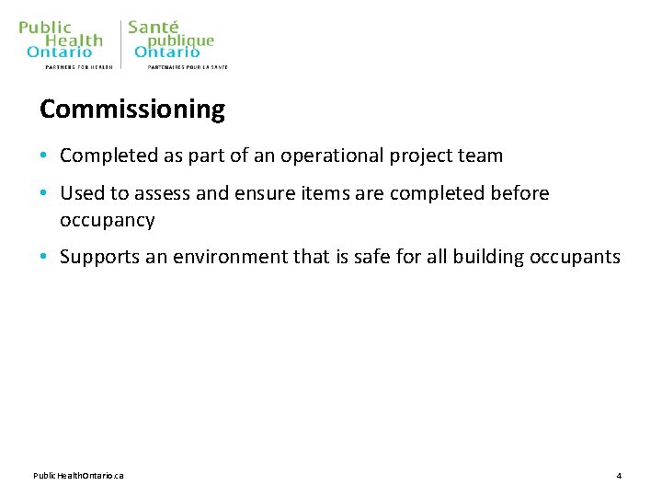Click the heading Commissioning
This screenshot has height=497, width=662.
pos(132,110)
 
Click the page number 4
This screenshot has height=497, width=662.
pos(619,475)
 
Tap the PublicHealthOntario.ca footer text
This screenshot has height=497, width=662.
pos(79,475)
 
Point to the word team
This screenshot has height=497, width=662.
pos(480,156)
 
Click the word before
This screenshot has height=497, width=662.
pos(519,193)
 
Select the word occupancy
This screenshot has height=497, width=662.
pos(108,221)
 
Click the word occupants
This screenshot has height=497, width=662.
pos(576,257)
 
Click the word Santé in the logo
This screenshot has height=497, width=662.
pos(154,28)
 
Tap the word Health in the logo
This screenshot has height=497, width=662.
pos(74,40)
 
